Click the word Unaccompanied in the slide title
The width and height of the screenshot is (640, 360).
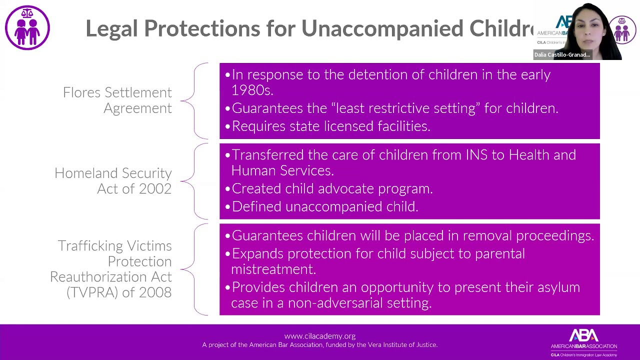click(x=382, y=28)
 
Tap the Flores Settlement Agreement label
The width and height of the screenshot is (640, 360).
click(x=117, y=100)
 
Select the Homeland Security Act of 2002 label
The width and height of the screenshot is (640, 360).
click(x=113, y=181)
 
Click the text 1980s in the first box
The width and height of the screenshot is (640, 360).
click(x=251, y=90)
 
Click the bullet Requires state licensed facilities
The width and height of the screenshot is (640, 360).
click(x=330, y=126)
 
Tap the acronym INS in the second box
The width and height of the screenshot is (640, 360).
click(x=476, y=155)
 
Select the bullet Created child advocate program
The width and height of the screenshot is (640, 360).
click(x=332, y=189)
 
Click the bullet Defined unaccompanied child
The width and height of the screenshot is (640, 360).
click(x=324, y=207)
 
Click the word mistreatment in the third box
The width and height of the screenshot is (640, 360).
click(x=273, y=269)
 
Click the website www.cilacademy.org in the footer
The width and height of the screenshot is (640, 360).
click(x=319, y=336)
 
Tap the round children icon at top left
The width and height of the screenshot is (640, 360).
click(x=27, y=27)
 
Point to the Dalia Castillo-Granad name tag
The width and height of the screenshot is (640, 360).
click(x=562, y=55)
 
